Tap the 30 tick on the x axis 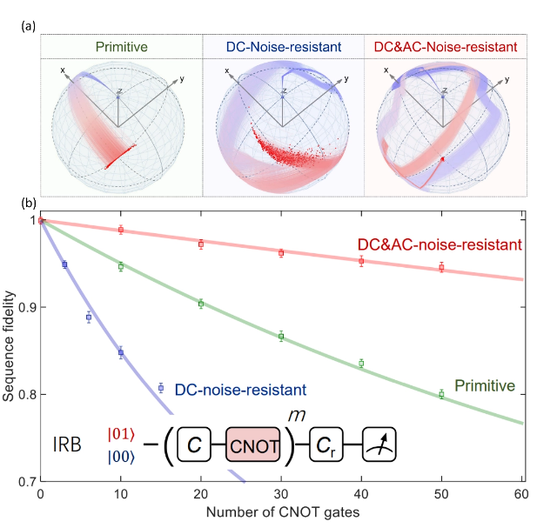click(x=281, y=494)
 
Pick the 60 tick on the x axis click(x=521, y=494)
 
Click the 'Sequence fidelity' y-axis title click(x=10, y=350)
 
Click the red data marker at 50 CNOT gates click(x=441, y=268)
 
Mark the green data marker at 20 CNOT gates click(x=201, y=304)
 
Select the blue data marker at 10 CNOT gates click(x=121, y=353)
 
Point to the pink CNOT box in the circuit click(x=254, y=446)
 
